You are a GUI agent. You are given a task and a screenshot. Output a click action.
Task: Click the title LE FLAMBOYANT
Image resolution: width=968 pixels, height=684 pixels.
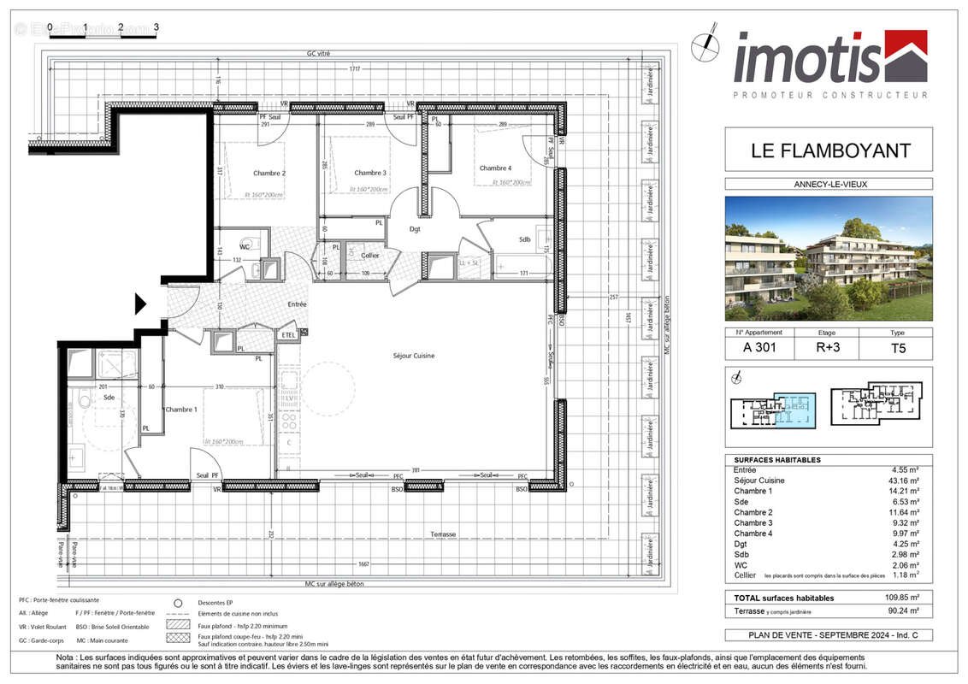829,151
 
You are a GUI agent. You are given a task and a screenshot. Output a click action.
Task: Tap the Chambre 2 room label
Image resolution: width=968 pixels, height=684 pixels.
269,173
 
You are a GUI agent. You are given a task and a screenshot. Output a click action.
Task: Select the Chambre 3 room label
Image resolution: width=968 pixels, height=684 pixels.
369,173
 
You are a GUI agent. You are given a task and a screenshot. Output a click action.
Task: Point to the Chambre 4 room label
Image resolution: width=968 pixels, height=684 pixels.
495,168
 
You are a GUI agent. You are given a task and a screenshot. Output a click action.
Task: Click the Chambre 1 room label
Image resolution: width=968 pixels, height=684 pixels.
181,410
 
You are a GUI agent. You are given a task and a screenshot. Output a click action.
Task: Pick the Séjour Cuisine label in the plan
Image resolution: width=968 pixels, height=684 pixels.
414,356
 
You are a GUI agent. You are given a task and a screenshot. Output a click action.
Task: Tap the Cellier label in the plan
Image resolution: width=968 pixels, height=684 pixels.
369,256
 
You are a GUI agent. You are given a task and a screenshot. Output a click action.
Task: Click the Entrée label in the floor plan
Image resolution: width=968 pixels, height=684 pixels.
297,304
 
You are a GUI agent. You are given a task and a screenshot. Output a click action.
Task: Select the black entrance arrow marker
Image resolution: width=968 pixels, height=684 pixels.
141,304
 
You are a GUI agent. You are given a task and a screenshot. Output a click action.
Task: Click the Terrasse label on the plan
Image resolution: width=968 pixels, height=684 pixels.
443,534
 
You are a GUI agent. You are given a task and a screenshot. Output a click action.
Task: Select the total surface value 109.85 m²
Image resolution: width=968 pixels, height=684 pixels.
900,598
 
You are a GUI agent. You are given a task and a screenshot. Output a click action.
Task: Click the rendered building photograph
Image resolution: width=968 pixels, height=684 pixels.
829,258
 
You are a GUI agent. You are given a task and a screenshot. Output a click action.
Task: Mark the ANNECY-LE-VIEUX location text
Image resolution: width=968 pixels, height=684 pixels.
829,184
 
